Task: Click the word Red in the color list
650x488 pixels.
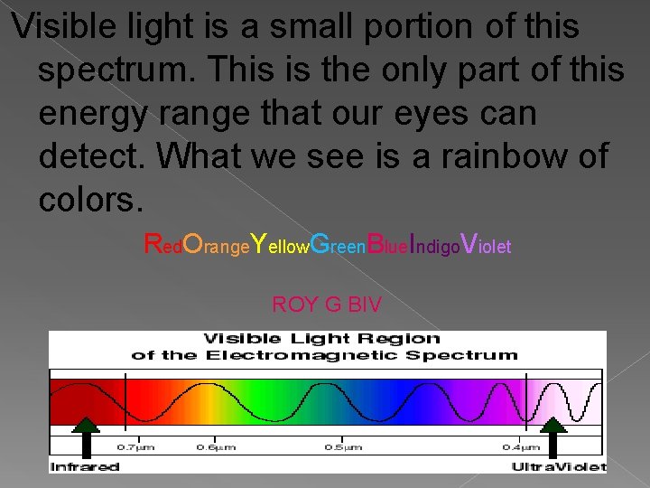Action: click(162, 244)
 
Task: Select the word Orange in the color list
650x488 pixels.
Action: click(214, 244)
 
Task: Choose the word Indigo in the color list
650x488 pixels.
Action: click(434, 244)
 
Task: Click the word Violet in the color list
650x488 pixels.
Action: click(486, 244)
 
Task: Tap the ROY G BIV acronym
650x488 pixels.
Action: click(326, 305)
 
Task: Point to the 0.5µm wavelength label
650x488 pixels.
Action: click(343, 447)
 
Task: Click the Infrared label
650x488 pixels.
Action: click(85, 466)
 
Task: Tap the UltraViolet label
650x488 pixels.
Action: click(558, 466)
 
